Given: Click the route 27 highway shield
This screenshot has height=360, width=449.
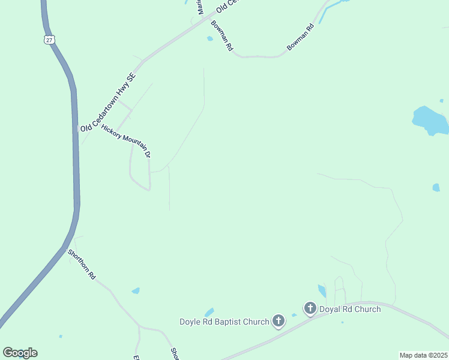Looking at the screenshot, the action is click(49, 40).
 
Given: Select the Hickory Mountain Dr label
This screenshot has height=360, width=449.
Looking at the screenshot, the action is click(125, 141).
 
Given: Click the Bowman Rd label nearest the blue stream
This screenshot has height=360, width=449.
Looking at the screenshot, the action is click(301, 37).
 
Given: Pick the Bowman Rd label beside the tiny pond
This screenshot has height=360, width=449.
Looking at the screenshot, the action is click(221, 37).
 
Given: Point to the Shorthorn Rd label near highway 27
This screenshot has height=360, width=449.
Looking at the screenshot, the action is click(82, 265).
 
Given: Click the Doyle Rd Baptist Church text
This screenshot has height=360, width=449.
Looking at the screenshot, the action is click(224, 322).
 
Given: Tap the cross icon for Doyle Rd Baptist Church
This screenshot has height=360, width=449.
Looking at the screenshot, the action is click(279, 322).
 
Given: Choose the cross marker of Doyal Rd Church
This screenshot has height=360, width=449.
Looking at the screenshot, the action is click(310, 309).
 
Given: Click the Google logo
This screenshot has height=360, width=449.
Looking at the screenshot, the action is click(20, 353).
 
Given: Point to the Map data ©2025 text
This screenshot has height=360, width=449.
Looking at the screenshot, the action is click(423, 355).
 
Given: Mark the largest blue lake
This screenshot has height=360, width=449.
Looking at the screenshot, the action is click(430, 120).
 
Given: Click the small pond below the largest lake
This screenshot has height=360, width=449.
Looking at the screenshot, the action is click(436, 187).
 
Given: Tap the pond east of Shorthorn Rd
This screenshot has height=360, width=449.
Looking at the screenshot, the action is click(136, 291).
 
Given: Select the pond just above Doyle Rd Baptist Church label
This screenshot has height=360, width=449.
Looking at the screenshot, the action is click(209, 312).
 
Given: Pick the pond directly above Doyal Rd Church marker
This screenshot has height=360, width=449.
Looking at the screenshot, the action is click(322, 291).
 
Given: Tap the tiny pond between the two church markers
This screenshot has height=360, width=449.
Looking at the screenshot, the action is click(294, 315).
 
